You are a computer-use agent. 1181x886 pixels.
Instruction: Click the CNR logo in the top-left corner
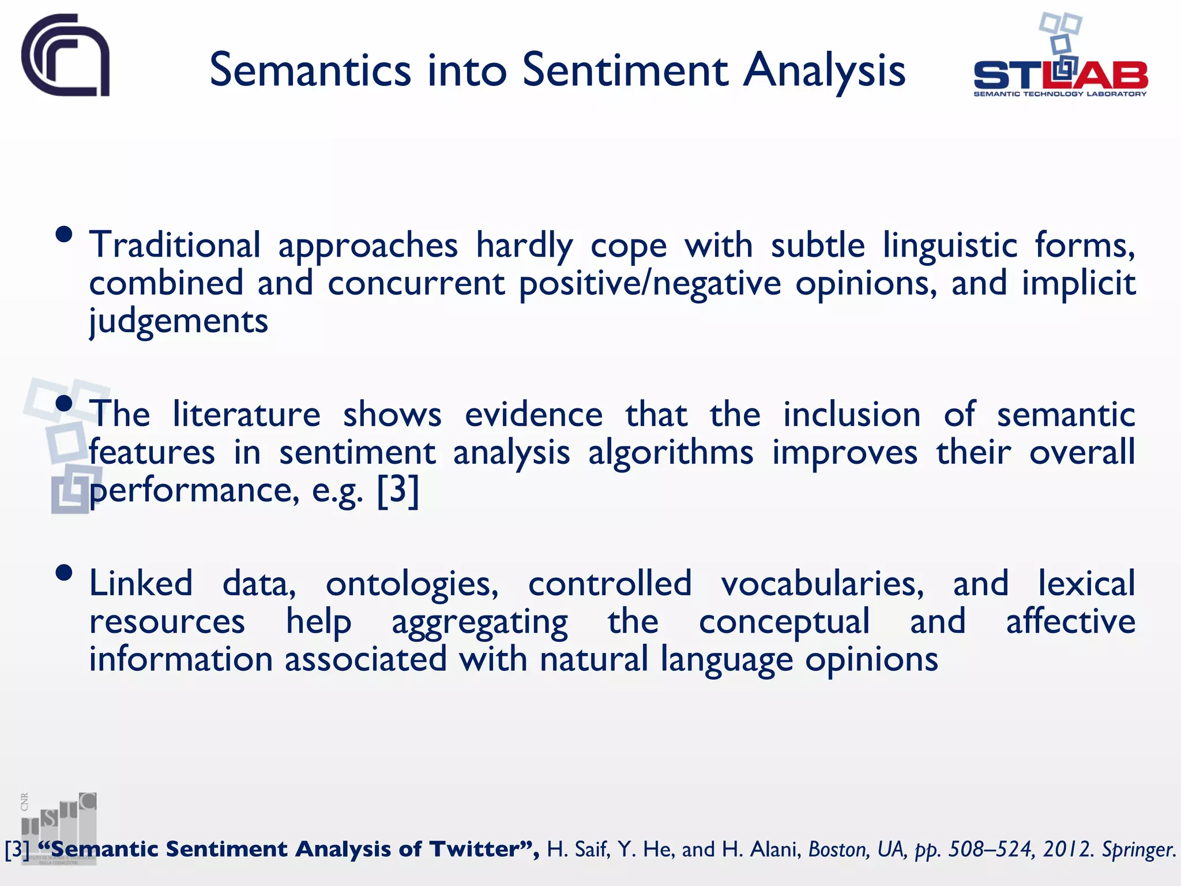click(x=65, y=55)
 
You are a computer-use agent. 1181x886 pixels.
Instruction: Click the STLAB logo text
click(x=1060, y=75)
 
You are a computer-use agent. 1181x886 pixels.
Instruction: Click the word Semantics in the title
click(x=310, y=70)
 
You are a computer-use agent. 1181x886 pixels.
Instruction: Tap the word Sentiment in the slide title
click(x=625, y=70)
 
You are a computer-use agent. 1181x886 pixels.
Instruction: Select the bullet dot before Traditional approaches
click(x=64, y=234)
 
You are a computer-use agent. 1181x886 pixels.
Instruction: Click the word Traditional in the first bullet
click(x=175, y=245)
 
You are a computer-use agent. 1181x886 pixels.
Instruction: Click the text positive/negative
click(x=650, y=283)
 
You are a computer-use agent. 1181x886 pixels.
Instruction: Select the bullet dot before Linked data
click(x=64, y=573)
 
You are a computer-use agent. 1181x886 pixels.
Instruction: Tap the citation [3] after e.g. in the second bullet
click(x=398, y=490)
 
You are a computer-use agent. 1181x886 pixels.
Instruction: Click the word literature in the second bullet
click(x=246, y=414)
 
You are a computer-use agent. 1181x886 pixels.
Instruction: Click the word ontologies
click(x=412, y=584)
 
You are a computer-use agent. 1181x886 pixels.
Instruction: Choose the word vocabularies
click(x=822, y=584)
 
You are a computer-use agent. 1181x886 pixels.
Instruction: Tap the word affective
click(x=1070, y=622)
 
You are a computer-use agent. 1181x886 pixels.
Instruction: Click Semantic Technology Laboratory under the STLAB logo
click(x=1060, y=94)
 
